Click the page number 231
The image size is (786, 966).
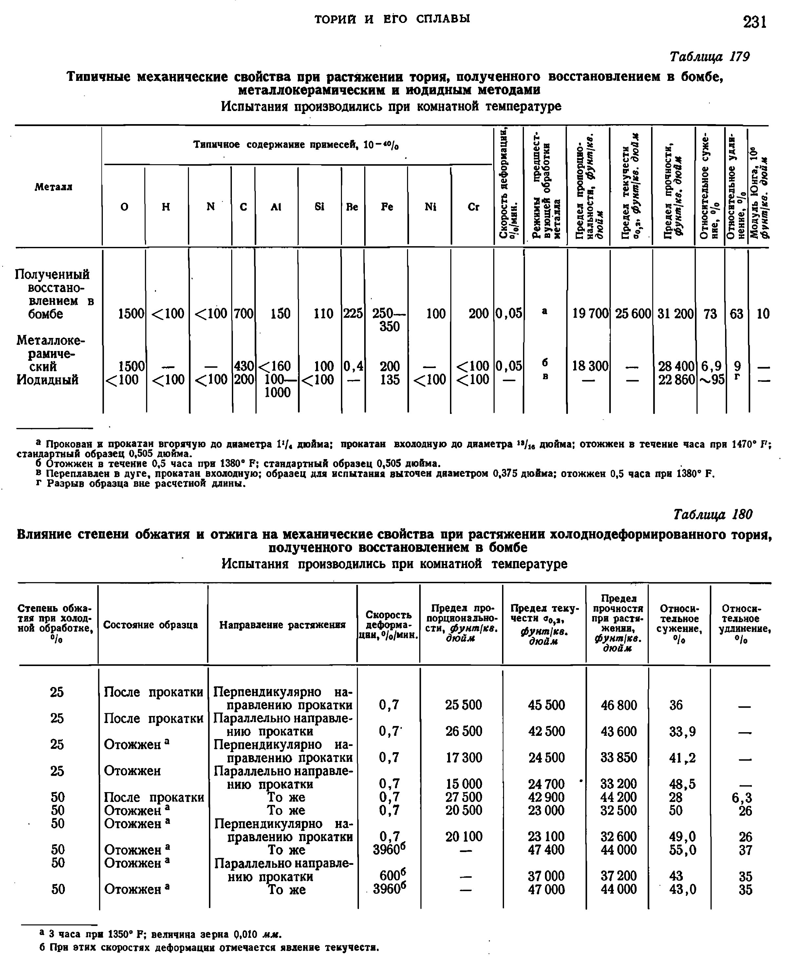[x=754, y=21]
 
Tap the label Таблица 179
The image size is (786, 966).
[x=709, y=57]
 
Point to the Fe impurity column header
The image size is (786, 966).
[x=387, y=207]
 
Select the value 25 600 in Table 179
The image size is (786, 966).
[x=632, y=313]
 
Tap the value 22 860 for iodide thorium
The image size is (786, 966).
[x=676, y=379]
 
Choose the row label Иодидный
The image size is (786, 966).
[x=47, y=379]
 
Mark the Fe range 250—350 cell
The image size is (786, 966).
[x=388, y=320]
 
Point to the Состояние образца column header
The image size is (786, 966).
[x=151, y=625]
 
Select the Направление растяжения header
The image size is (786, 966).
[x=283, y=625]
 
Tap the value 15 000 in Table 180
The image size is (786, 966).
[x=464, y=784]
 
